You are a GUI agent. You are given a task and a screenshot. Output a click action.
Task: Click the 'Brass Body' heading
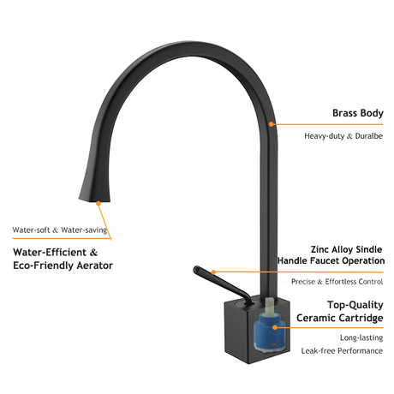coord(358,113)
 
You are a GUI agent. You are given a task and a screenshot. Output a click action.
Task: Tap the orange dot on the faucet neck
coord(272,124)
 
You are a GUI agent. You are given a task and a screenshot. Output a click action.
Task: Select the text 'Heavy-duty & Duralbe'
coord(343,136)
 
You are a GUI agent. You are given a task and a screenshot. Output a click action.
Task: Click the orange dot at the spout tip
coord(98,203)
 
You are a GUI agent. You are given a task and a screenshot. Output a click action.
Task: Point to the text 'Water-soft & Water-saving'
coord(60,230)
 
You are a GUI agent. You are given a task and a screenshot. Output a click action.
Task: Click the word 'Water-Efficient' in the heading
coord(50,253)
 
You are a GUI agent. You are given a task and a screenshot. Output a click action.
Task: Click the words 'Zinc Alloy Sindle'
coord(346,249)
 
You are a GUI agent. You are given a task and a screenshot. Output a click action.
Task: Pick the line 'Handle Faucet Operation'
coord(331,260)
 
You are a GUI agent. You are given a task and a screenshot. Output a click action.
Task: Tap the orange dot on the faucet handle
coord(213,272)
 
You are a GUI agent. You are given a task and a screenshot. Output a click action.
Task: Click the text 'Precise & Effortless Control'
coord(337,282)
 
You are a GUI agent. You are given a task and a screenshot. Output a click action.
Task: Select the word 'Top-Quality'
coord(355,305)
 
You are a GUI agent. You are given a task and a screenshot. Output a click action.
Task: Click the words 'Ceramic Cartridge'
coord(340,318)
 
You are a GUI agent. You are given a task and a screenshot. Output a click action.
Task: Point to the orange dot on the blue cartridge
coord(275,327)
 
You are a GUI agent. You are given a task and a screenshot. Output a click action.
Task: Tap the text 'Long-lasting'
coord(361,337)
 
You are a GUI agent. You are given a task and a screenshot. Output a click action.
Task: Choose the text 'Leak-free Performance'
coord(342,350)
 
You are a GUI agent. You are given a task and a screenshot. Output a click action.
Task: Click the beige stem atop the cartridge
coord(269,307)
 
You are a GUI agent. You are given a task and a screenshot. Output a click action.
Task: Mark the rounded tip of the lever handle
coord(197,269)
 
